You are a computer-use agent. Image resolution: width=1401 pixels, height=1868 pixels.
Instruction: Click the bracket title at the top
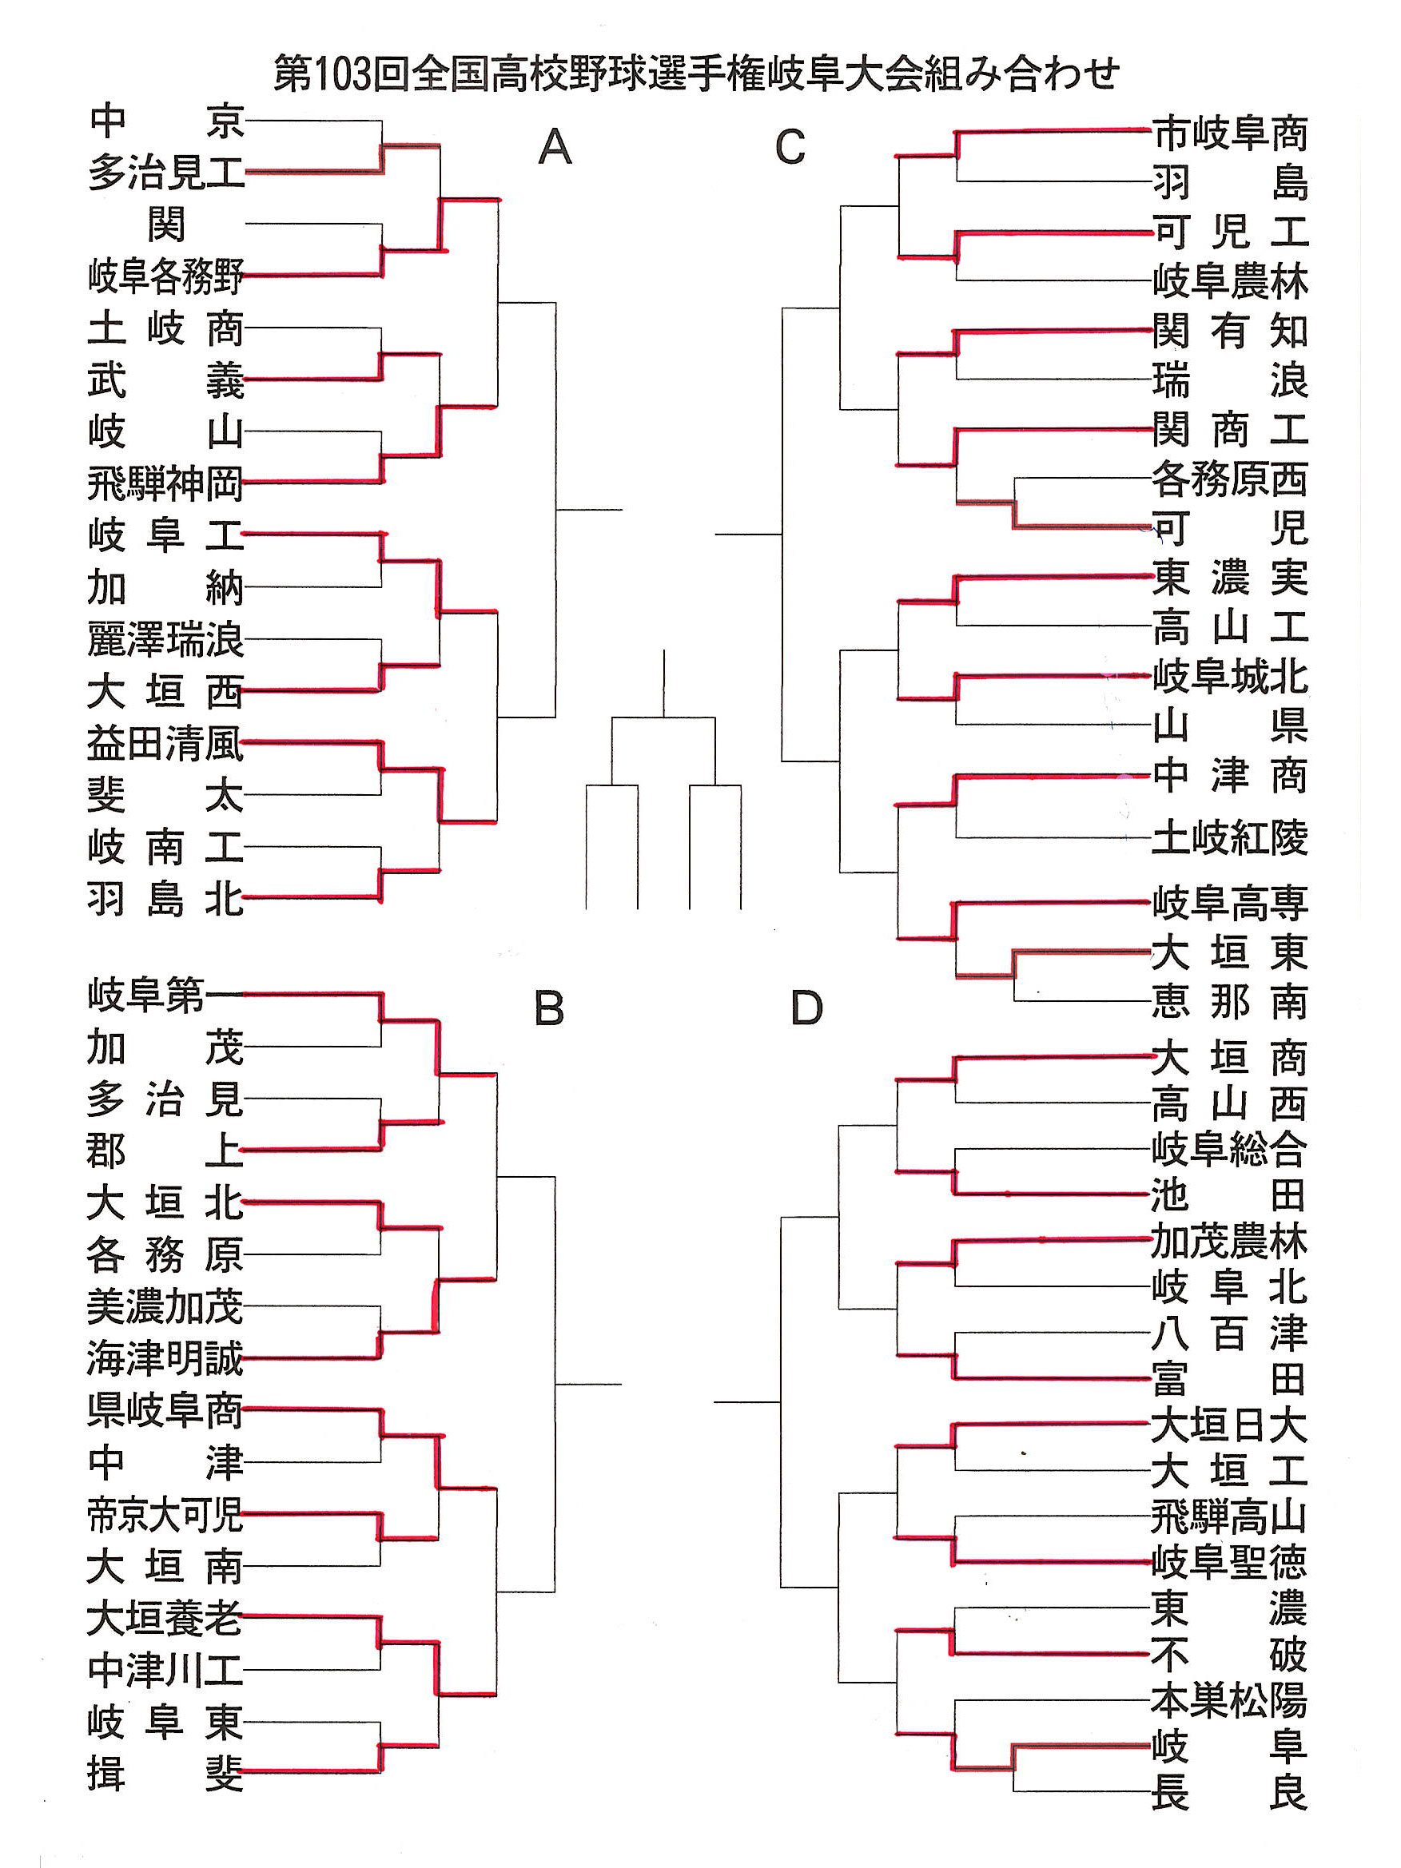697,74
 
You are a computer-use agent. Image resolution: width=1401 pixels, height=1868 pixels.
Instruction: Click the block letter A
555,148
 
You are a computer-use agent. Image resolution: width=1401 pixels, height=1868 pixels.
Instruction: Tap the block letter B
549,1008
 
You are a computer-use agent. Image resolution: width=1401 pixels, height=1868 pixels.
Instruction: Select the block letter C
790,148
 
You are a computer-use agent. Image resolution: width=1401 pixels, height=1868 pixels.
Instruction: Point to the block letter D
806,1008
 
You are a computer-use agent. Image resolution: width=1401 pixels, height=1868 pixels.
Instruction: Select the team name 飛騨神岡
165,484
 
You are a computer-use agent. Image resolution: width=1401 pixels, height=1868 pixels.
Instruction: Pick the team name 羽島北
165,899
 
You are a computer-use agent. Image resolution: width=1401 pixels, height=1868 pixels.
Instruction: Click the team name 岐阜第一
165,996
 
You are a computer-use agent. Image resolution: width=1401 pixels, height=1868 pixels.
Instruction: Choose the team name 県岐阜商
165,1411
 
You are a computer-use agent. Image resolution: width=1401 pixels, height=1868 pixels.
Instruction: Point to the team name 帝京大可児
165,1515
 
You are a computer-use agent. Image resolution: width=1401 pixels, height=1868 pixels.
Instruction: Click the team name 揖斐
165,1773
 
